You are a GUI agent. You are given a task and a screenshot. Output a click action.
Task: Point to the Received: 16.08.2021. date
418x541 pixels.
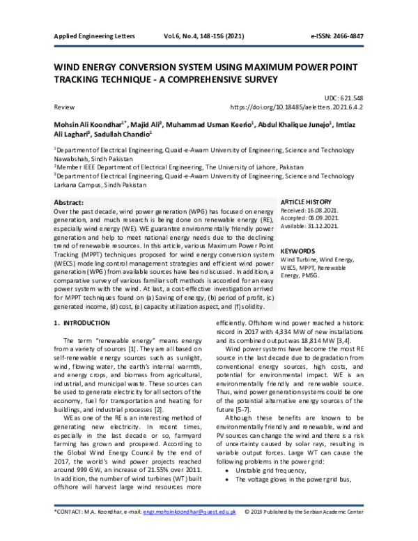[x=309, y=210]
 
